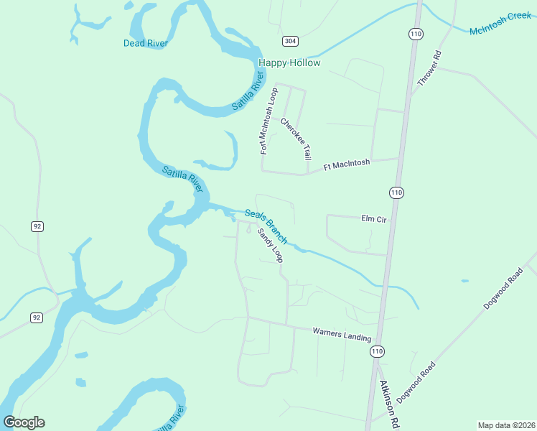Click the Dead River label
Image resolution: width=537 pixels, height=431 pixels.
coord(145,43)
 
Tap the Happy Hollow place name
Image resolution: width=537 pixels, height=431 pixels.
coord(289,63)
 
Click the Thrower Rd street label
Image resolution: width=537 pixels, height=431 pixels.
coord(427,68)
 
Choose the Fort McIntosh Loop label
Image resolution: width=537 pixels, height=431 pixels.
coord(268,121)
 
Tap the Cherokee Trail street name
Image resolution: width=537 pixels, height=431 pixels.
coord(296,138)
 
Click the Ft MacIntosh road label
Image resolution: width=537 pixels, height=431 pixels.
coord(347,164)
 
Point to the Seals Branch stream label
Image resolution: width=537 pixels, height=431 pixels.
coord(266,226)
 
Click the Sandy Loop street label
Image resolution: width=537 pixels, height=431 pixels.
coord(271,246)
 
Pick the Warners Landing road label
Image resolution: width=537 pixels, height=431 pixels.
coord(342,335)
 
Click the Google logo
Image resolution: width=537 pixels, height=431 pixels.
coord(24,422)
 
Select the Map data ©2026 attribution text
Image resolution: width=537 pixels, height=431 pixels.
coord(506,425)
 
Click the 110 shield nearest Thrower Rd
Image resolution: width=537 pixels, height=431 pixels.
coord(415,34)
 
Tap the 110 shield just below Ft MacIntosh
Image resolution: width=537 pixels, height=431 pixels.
coord(396,193)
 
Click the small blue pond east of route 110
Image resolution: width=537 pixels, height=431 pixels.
coord(464,280)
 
